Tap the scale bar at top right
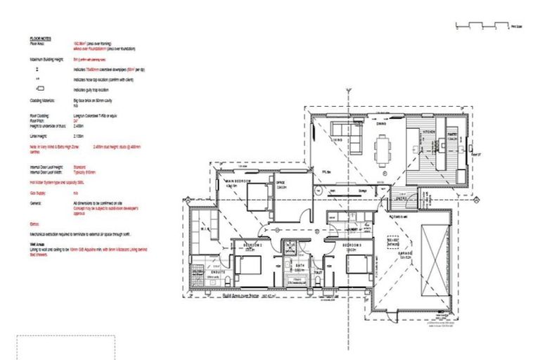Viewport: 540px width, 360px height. point(481,26)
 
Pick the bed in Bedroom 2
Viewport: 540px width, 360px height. point(247,265)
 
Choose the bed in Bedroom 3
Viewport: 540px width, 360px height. point(360,265)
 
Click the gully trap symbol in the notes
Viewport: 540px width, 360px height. point(39,89)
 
